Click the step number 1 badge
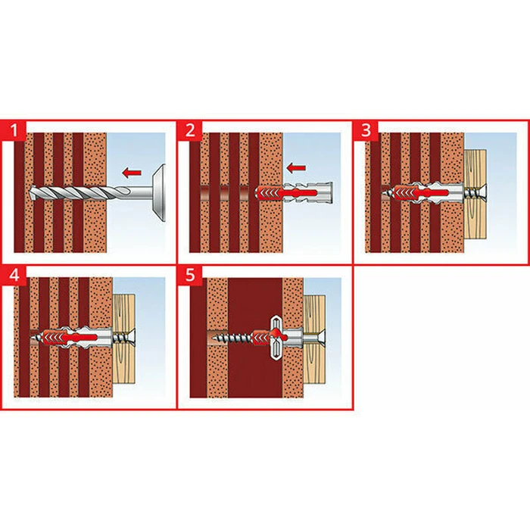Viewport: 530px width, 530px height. click(x=14, y=129)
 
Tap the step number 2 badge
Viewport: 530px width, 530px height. click(x=190, y=129)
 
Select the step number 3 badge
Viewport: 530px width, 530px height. click(x=366, y=129)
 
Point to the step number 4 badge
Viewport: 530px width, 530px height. click(x=14, y=275)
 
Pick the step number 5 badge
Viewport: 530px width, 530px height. click(x=190, y=275)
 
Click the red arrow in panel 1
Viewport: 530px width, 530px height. click(x=132, y=173)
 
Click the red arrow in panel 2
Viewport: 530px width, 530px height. click(x=296, y=167)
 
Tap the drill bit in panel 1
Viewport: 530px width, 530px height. click(x=79, y=193)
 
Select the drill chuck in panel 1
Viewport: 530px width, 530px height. click(x=158, y=192)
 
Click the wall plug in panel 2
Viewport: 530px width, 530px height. click(x=294, y=193)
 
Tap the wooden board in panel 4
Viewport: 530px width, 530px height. click(x=124, y=338)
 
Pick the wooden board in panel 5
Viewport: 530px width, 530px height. click(x=314, y=339)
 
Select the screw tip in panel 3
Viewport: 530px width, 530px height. click(x=384, y=193)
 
